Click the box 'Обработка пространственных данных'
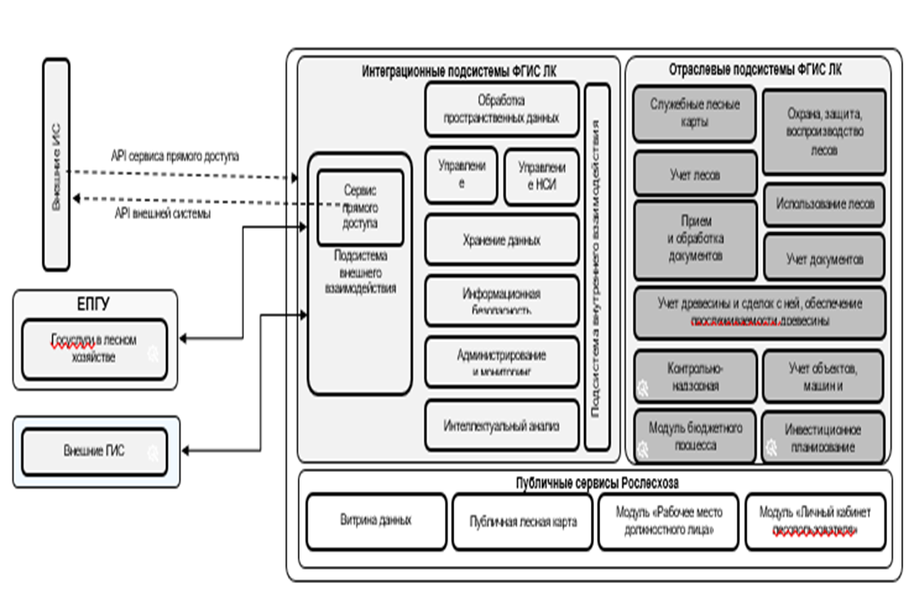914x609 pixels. tap(501, 109)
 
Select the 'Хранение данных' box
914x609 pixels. tap(501, 239)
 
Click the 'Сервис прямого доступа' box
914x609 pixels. tap(360, 206)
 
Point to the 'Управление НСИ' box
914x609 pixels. tap(541, 176)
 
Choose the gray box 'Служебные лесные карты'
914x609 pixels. tap(695, 113)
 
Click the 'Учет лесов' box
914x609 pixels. tap(695, 174)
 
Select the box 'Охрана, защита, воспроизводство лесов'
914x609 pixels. tap(823, 132)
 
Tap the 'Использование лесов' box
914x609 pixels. tap(824, 204)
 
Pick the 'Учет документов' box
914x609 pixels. tap(824, 258)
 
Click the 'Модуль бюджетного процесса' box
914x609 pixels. tap(695, 436)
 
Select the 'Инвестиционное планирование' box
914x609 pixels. tap(823, 437)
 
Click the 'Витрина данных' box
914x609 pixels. tap(376, 521)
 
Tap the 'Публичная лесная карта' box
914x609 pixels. tap(523, 521)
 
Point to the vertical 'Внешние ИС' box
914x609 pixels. tap(56, 164)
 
